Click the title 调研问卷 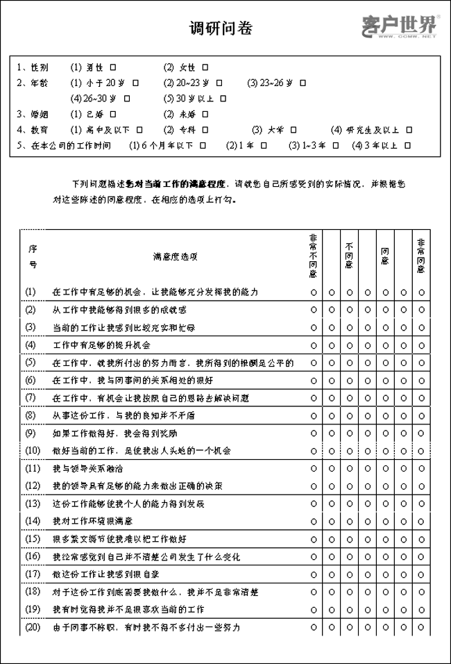click(221, 28)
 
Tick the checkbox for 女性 click(205, 68)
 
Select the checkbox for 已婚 click(112, 114)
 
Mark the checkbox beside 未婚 click(205, 114)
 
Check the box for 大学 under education click(293, 130)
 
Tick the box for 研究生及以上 click(409, 130)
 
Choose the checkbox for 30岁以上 click(223, 99)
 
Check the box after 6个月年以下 click(203, 145)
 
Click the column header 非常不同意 click(314, 256)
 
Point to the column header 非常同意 click(421, 256)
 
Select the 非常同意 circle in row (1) click(421, 292)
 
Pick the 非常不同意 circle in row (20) click(314, 628)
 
